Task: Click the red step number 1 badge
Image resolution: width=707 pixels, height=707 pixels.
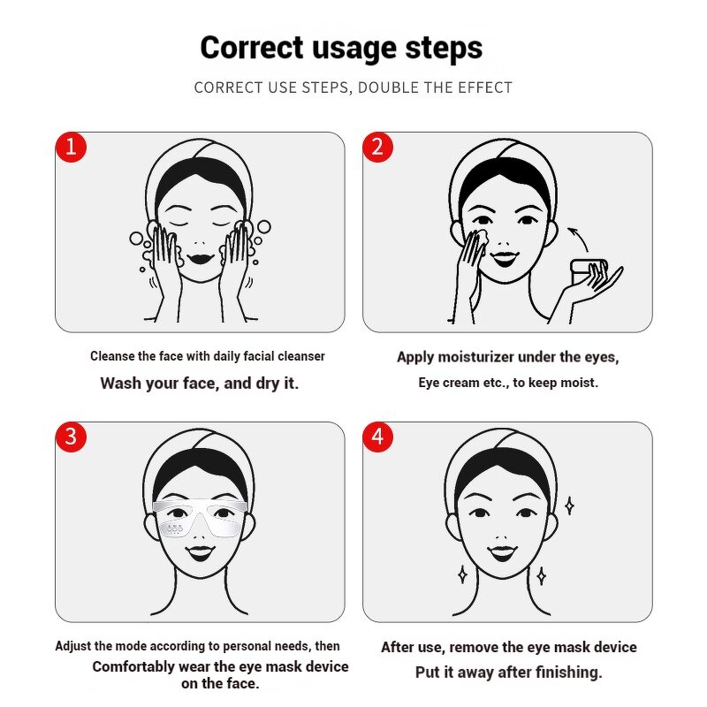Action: coord(71,147)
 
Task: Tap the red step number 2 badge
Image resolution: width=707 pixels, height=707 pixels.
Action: coord(377,147)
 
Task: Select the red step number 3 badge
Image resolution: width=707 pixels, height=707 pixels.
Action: coord(71,437)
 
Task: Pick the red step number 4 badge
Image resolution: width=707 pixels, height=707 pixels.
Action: coord(377,437)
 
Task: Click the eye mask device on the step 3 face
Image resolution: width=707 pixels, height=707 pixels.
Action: coord(200,519)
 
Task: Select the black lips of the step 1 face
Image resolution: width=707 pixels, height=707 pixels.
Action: coord(200,257)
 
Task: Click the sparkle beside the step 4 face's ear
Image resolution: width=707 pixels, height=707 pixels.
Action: coord(570,506)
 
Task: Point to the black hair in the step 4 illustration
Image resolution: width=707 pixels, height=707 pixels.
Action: coord(506,460)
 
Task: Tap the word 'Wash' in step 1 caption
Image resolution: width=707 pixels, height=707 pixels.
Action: coord(120,384)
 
